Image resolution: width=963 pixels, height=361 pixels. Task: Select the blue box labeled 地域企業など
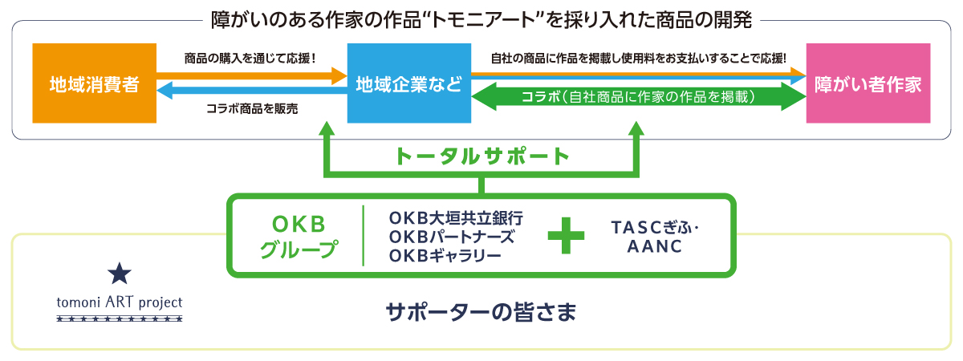click(x=408, y=83)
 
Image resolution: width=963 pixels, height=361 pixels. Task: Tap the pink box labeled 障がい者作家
click(x=868, y=83)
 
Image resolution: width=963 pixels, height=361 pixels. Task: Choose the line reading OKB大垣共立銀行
click(x=455, y=218)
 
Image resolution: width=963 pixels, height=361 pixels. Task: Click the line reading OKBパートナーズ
click(x=450, y=237)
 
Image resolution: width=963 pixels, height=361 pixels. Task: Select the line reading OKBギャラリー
click(x=445, y=255)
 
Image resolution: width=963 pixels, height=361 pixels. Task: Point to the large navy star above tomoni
click(x=119, y=275)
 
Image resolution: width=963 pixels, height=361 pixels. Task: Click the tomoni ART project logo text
click(x=120, y=303)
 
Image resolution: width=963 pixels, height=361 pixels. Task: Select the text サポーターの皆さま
click(x=481, y=311)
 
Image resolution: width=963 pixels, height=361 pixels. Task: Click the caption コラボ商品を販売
click(x=251, y=107)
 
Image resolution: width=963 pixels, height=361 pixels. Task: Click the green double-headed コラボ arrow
click(x=639, y=97)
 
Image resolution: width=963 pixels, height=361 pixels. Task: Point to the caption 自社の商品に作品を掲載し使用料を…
click(x=638, y=58)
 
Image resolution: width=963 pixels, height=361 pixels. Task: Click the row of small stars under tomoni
click(x=120, y=319)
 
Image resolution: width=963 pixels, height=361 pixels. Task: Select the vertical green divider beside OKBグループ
click(x=363, y=236)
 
